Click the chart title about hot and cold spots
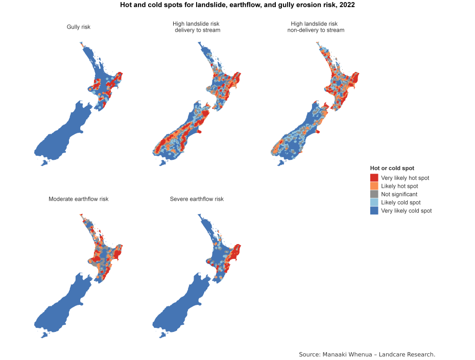[237, 5]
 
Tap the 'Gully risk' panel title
[79, 27]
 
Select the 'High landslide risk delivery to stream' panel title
[197, 27]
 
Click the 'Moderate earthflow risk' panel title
[79, 199]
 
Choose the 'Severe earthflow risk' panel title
[197, 199]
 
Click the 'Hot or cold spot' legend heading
[392, 168]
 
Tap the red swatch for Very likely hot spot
[374, 178]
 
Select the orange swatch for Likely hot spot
[374, 186]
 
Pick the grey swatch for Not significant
[374, 194]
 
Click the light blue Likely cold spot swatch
[374, 202]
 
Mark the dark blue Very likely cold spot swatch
[374, 210]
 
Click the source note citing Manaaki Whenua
[367, 354]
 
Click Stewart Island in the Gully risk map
[44, 163]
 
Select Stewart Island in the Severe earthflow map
[163, 335]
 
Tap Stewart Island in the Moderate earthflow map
[44, 335]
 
